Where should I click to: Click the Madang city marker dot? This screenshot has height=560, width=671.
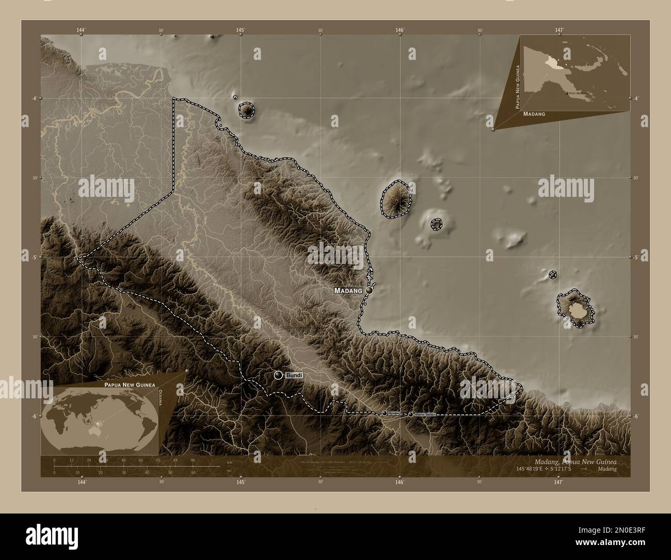(x=369, y=291)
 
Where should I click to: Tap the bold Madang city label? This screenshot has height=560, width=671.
(x=348, y=291)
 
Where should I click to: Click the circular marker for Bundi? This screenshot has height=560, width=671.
(x=278, y=375)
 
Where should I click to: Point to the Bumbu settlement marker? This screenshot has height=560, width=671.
(x=385, y=413)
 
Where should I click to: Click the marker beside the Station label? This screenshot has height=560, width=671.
(x=411, y=414)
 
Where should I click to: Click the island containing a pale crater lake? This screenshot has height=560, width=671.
(x=576, y=310)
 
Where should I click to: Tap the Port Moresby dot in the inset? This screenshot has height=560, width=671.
(x=567, y=93)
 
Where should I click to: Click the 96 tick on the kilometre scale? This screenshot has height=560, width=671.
(x=193, y=460)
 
